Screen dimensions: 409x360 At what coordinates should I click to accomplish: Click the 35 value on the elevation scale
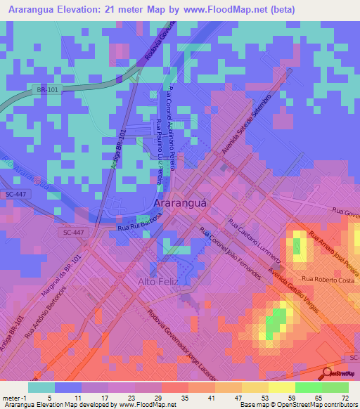click(x=184, y=397)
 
